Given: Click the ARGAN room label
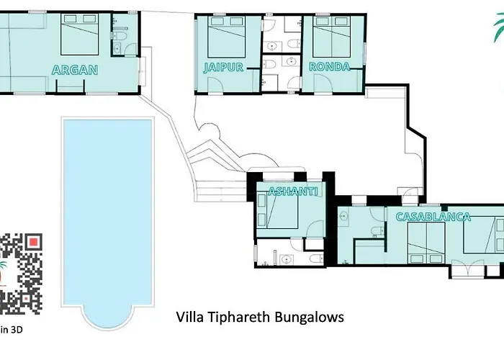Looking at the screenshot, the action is coord(75,70).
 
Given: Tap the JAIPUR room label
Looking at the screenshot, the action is coord(223,67).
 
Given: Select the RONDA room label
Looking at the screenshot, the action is coord(329,66).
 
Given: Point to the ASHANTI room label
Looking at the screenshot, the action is coord(293,192).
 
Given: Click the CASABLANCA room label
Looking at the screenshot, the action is coord(433,217).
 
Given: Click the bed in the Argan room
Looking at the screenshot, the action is coord(79,34).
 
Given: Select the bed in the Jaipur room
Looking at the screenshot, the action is coord(227,37).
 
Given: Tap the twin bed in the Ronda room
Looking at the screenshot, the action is coord(331,37).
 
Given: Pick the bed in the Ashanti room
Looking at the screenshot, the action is coord(277,210).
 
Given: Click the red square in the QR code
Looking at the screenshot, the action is coord(34,242).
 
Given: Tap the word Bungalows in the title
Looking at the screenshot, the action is coord(309,318).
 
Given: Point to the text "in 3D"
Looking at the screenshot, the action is coord(12,330).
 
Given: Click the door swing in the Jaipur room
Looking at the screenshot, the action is coord(215,85).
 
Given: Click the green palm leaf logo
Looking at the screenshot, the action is coord(498,28).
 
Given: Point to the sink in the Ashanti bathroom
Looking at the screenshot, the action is coord(285,259).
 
